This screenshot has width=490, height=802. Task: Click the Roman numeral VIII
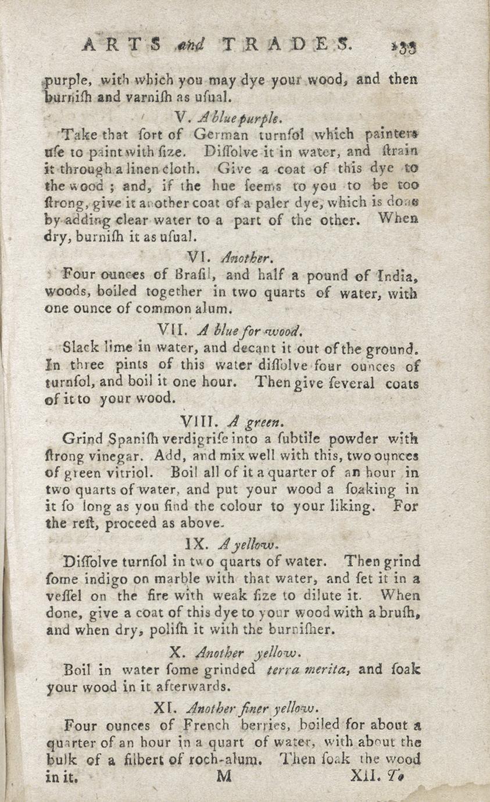coord(196,419)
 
